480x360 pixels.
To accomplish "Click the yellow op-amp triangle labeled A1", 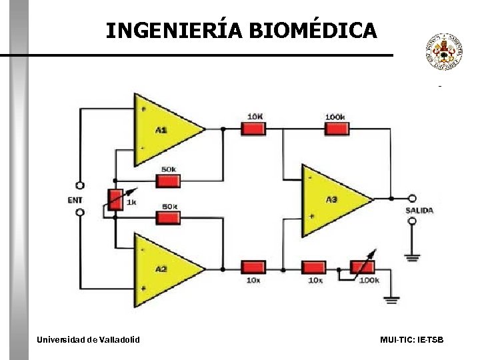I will [x=163, y=129].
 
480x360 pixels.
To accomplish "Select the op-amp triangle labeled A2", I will [x=163, y=269].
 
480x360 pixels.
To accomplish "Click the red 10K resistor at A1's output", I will [x=253, y=129].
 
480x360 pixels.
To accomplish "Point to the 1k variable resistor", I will [x=115, y=199].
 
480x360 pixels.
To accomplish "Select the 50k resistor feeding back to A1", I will [x=168, y=181].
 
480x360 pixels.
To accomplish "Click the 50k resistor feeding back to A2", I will [x=168, y=217].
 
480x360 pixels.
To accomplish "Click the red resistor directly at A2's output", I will [x=253, y=268].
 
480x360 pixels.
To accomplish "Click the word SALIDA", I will [x=419, y=211].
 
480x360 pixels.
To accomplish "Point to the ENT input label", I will [x=76, y=199].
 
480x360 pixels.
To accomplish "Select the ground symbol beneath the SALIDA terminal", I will [x=413, y=256].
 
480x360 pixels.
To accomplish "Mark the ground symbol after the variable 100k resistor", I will [x=392, y=300].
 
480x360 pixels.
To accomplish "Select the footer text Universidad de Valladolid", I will [x=88, y=340].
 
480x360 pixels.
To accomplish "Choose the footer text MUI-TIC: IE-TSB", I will [x=411, y=340].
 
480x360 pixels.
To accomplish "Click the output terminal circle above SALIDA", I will [x=413, y=199].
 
